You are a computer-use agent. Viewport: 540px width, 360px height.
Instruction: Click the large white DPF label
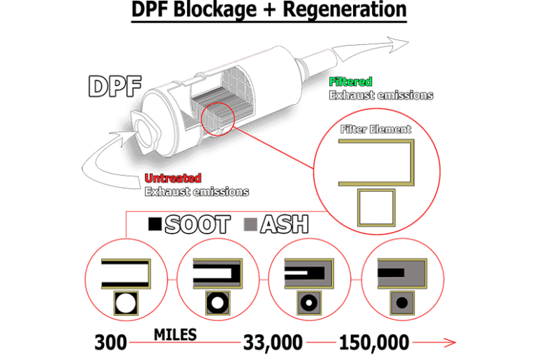click(115, 86)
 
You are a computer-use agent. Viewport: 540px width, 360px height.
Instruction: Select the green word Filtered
click(350, 82)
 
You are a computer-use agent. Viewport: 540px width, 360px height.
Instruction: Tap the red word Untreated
click(173, 179)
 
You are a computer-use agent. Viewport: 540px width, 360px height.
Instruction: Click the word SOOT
click(197, 225)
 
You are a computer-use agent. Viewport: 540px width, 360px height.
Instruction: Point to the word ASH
click(284, 225)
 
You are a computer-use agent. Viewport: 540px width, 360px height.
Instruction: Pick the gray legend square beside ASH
click(250, 225)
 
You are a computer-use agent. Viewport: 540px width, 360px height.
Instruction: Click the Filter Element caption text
click(375, 129)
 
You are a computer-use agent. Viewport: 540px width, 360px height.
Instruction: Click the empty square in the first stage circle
click(126, 304)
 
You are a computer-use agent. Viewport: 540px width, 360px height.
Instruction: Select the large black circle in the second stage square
click(217, 304)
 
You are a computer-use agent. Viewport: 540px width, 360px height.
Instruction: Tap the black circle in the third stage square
click(309, 304)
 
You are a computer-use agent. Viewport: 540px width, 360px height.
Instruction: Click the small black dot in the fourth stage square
click(401, 304)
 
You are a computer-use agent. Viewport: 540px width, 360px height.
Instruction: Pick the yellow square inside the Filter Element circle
click(377, 207)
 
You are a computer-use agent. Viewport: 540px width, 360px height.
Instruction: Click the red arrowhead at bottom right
click(450, 342)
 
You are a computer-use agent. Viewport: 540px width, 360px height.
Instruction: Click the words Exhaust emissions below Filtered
click(381, 95)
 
